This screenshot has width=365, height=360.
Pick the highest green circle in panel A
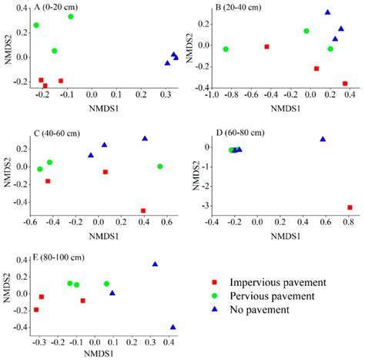click(71, 16)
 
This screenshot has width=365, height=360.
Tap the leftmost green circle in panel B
click(226, 49)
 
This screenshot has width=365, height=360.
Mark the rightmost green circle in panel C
click(160, 167)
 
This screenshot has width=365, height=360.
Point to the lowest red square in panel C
click(143, 210)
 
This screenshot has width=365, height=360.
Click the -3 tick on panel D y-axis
click(203, 207)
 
